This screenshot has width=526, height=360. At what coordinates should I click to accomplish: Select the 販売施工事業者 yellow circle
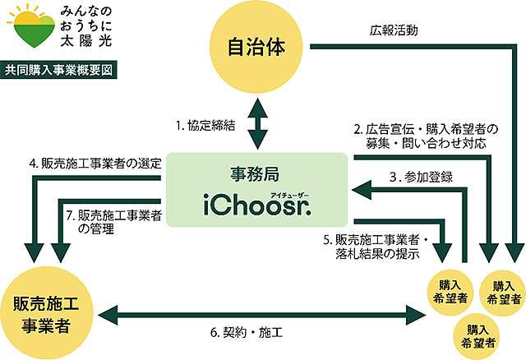click(x=46, y=312)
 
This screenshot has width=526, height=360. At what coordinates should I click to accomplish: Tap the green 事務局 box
click(x=256, y=188)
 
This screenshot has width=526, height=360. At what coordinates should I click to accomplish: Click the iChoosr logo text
click(x=256, y=202)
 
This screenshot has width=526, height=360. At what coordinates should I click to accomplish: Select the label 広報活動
click(x=394, y=31)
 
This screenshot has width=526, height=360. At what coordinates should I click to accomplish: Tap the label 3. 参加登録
click(x=419, y=176)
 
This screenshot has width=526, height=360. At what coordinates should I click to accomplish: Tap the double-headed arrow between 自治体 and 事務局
click(x=259, y=123)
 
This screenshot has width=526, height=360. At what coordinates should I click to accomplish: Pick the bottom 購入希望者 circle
click(x=479, y=335)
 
